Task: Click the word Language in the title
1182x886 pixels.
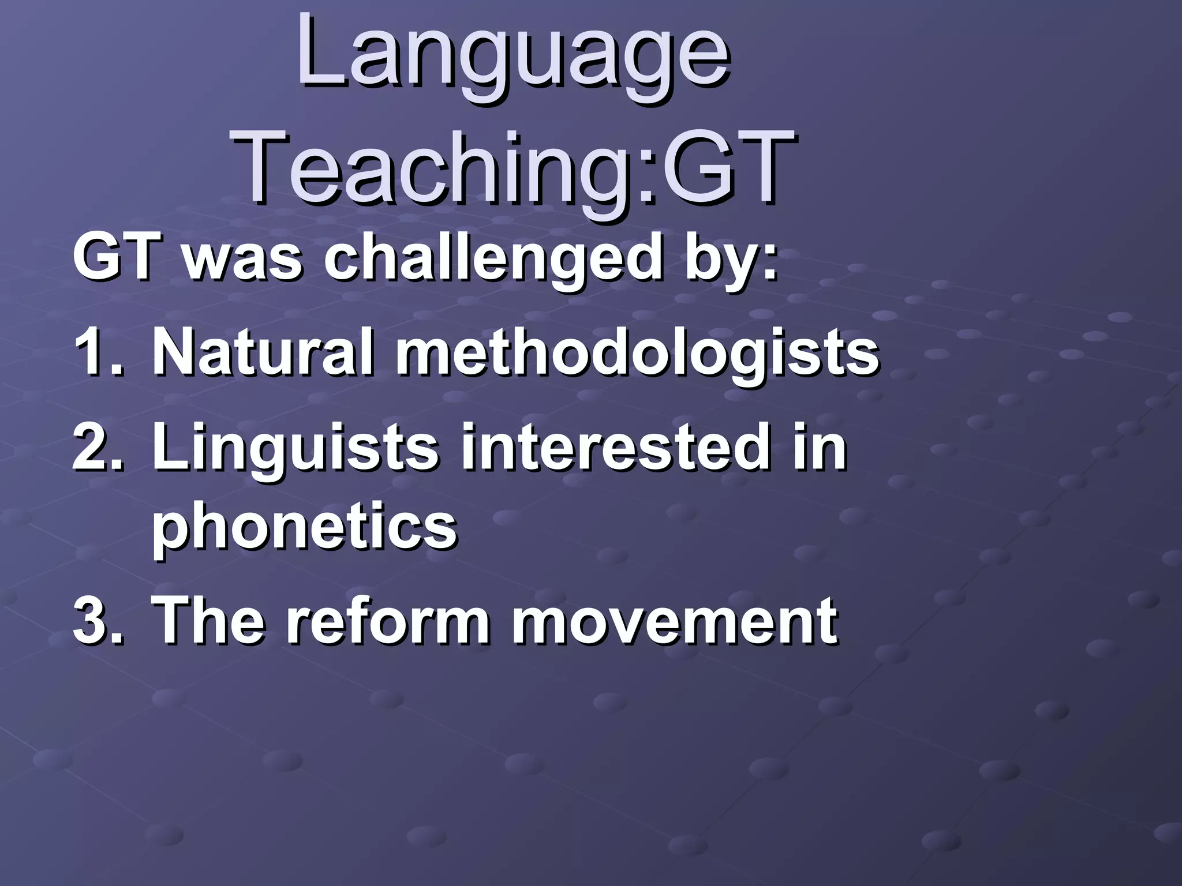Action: pos(514,58)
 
